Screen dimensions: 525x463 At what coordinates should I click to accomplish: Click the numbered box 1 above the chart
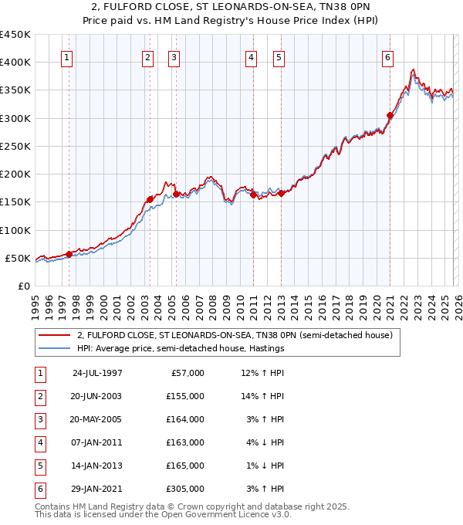click(x=67, y=56)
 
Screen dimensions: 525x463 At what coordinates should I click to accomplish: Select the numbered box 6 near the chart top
click(x=387, y=56)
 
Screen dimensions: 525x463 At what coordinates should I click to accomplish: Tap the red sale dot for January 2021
click(x=390, y=116)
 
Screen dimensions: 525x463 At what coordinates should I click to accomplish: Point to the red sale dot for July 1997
click(x=69, y=254)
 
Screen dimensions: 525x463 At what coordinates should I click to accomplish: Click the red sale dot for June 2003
click(x=150, y=199)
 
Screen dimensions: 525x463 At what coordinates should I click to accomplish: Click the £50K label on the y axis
click(x=17, y=258)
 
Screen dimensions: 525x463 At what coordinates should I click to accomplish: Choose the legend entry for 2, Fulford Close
click(x=235, y=335)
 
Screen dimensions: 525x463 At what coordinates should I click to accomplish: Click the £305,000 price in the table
click(x=187, y=489)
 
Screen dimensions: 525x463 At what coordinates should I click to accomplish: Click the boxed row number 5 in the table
click(x=39, y=466)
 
